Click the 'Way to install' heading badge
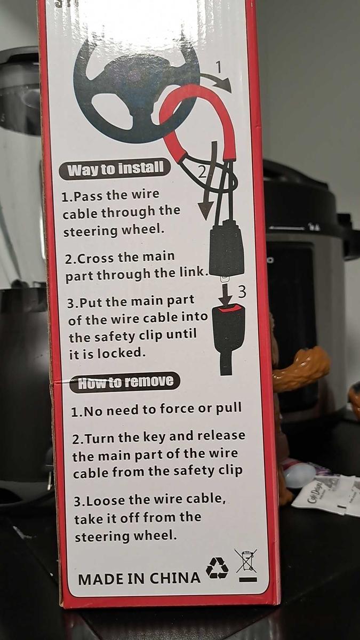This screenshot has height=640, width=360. pyautogui.click(x=115, y=169)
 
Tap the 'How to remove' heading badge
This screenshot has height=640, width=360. pyautogui.click(x=125, y=382)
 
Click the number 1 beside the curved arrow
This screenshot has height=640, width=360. pyautogui.click(x=218, y=67)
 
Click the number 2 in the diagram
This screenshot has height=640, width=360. pyautogui.click(x=202, y=171)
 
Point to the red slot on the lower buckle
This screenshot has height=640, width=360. pyautogui.click(x=229, y=308)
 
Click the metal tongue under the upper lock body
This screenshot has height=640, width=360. pyautogui.click(x=225, y=278)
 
